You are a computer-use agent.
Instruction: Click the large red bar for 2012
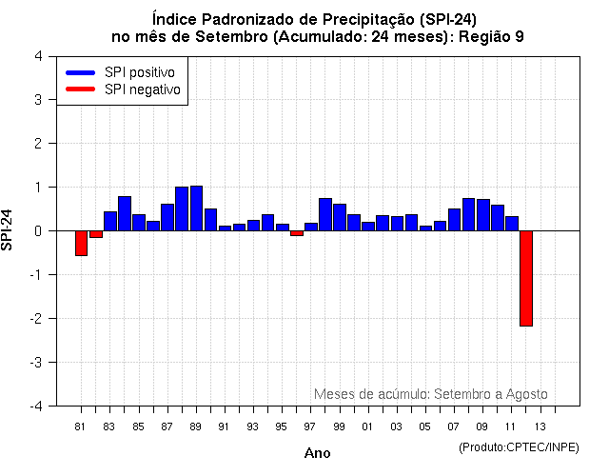pos(525,278)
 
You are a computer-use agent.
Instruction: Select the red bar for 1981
pos(81,243)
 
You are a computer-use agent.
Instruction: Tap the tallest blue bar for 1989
pos(196,208)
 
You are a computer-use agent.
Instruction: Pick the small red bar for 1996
pos(297,233)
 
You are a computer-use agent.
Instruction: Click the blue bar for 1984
pos(125,213)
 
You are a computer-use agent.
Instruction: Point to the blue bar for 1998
pos(325,214)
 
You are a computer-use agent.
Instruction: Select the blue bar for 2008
pos(468,214)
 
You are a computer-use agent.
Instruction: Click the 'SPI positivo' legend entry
pos(123,72)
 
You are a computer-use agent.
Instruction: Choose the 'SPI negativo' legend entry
pos(123,89)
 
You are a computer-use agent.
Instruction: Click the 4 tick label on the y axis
pos(38,55)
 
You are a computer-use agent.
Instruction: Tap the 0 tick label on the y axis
pos(38,231)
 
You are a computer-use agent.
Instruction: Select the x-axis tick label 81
pos(81,426)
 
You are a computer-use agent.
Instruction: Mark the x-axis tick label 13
pos(540,426)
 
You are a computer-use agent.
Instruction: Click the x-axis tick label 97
pos(310,426)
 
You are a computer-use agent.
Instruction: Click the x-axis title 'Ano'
pos(318,453)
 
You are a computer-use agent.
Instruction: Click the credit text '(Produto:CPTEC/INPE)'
pos(518,446)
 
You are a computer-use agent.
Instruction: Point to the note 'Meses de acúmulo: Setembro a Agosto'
pos(430,394)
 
